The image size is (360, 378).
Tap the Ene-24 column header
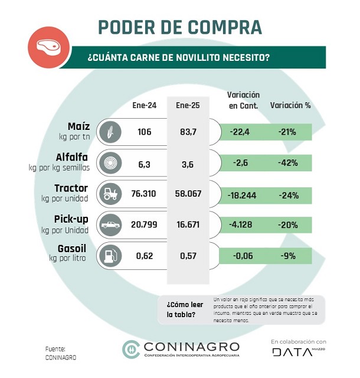144,106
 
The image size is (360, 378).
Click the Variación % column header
290,106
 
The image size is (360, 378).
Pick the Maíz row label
78,126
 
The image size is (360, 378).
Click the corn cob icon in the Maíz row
110,132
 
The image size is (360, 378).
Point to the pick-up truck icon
110,224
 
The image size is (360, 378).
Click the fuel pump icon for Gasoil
110,255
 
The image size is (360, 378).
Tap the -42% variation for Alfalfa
287,162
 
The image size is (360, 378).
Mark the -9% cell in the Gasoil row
287,255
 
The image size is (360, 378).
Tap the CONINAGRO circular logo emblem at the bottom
130,348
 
